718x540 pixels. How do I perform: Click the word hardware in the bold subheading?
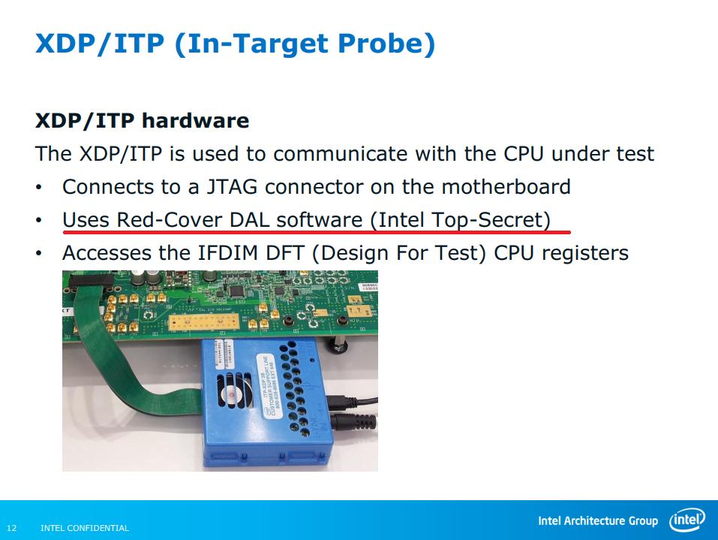tap(194, 120)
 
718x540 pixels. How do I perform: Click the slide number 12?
tap(12, 528)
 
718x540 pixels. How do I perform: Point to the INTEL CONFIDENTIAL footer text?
tap(84, 528)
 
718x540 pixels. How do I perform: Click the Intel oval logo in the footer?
tap(686, 520)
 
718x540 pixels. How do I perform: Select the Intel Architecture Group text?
tap(597, 521)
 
